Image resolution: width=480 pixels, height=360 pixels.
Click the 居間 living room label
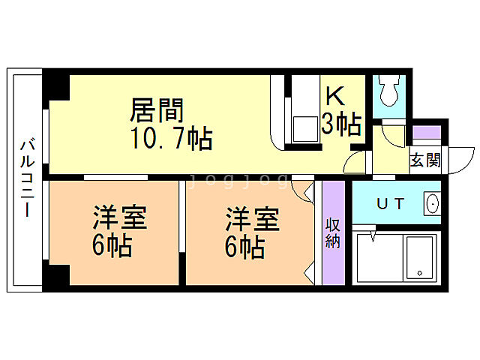tap(157, 111)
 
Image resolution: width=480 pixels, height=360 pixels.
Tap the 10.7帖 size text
tap(171, 139)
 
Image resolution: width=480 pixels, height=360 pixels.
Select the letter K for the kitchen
tap(335, 96)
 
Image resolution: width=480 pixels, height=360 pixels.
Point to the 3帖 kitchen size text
tap(341, 124)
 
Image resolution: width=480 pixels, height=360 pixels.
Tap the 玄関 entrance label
tap(424, 160)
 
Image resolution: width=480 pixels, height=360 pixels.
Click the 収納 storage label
tap(333, 233)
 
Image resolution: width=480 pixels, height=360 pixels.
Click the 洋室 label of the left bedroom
tap(118, 220)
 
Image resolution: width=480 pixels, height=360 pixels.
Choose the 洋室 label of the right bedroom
tap(253, 220)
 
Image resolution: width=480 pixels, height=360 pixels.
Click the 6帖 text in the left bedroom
tap(112, 246)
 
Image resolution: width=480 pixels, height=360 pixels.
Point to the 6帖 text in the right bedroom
tap(246, 246)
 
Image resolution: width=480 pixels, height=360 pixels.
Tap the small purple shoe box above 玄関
tap(427, 133)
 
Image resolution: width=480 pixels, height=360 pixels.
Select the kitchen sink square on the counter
tap(304, 128)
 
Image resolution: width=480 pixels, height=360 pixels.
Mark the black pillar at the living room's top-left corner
tap(57, 85)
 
